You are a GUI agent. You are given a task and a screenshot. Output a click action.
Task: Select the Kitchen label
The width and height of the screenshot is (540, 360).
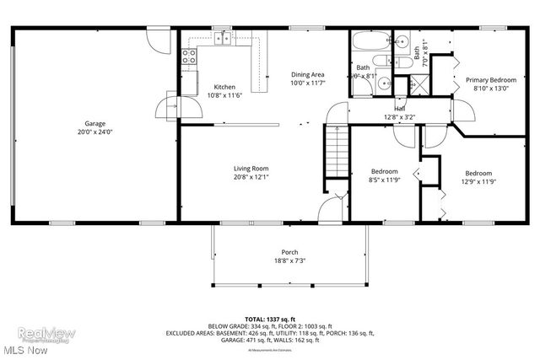click(224, 87)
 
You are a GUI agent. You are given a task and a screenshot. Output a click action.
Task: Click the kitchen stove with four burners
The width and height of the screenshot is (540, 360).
click(189, 58)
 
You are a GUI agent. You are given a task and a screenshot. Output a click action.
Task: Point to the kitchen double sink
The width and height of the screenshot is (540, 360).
click(224, 37)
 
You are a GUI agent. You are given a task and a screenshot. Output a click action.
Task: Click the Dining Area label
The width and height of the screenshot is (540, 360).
click(307, 74)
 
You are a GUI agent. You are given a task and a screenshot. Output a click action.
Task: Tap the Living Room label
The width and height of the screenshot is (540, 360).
click(251, 169)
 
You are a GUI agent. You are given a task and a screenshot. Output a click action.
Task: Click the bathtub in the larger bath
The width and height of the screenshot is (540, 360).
click(369, 41)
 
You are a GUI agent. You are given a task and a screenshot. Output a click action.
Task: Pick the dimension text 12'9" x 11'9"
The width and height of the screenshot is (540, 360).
click(478, 180)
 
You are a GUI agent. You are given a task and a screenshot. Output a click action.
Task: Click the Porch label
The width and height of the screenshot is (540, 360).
click(289, 252)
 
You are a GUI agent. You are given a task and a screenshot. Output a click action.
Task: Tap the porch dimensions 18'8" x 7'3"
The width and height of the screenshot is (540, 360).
click(289, 261)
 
